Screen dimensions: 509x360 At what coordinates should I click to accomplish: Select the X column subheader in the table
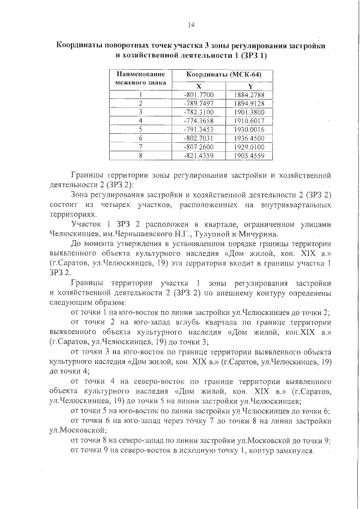click(199, 85)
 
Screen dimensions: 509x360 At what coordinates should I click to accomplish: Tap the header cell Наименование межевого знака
click(140, 78)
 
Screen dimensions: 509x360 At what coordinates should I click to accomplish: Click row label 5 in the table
click(140, 129)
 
